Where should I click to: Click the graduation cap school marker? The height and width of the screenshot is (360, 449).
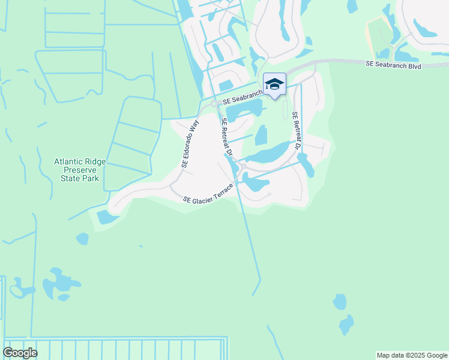click(274, 85)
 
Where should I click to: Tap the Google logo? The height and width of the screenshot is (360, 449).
click(20, 353)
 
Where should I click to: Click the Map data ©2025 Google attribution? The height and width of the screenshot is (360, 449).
click(412, 355)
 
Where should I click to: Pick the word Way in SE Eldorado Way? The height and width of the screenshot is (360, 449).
click(193, 127)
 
